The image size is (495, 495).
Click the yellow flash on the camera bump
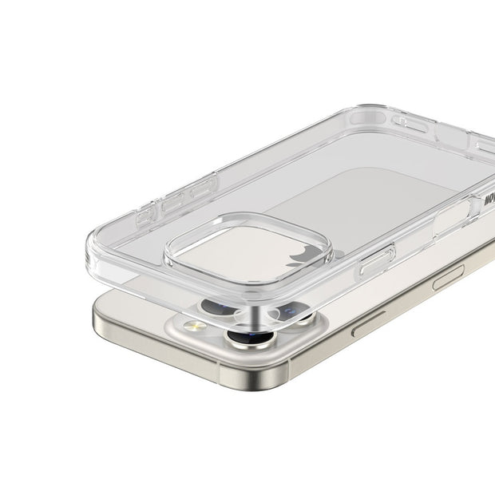point(195,326)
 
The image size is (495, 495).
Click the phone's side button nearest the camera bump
point(368,323)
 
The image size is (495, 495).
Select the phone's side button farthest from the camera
point(448,277)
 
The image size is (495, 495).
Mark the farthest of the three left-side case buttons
point(203,188)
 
